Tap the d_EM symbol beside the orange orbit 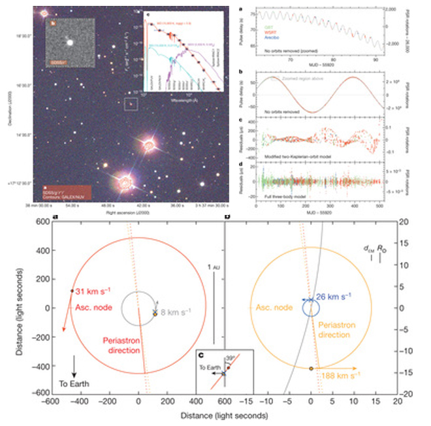pos(369,249)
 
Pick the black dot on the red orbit pos(71,291)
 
